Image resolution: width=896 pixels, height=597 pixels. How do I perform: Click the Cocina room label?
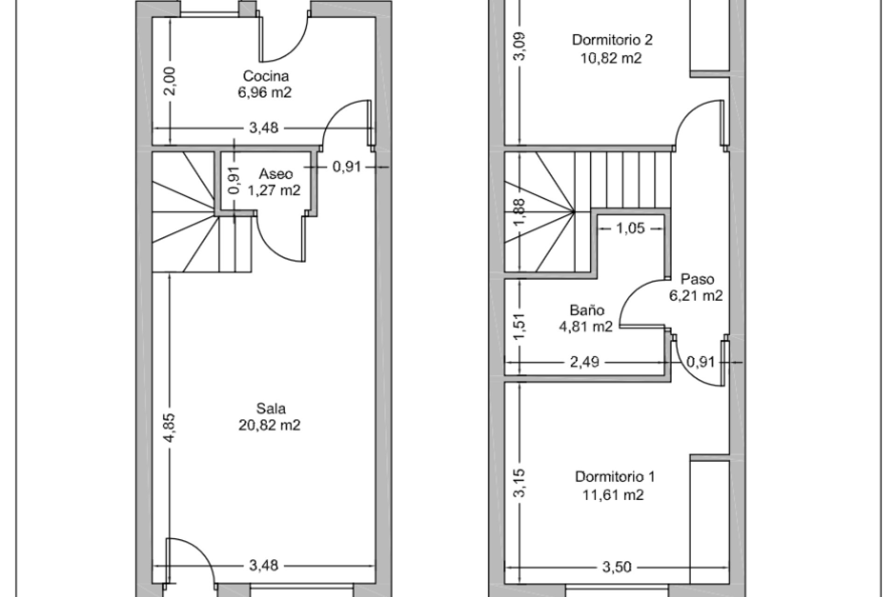point(266,76)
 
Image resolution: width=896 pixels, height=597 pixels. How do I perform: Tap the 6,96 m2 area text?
point(265,92)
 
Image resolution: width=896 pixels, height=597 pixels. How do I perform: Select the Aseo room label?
point(276,174)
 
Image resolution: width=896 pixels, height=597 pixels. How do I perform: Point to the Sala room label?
point(271,409)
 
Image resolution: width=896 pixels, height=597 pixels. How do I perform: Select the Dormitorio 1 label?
point(615,477)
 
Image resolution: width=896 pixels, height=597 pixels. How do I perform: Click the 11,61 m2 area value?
point(613,495)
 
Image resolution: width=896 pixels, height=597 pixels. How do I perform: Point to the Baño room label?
point(587,310)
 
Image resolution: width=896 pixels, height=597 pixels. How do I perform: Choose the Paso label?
point(697,279)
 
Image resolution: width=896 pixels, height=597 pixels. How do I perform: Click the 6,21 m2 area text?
point(696,296)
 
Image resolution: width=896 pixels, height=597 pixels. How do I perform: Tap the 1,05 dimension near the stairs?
point(630,229)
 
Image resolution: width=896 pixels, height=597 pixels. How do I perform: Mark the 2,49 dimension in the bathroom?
point(585,362)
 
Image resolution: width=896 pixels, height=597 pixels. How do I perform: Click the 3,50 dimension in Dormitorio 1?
point(616,567)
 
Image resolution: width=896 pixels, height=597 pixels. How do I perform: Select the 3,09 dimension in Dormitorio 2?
point(521,46)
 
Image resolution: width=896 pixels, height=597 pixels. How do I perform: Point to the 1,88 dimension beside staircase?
point(521,212)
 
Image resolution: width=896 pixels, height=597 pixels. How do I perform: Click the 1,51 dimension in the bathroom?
point(521,328)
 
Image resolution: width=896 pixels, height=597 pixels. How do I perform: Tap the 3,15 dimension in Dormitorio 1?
point(521,483)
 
